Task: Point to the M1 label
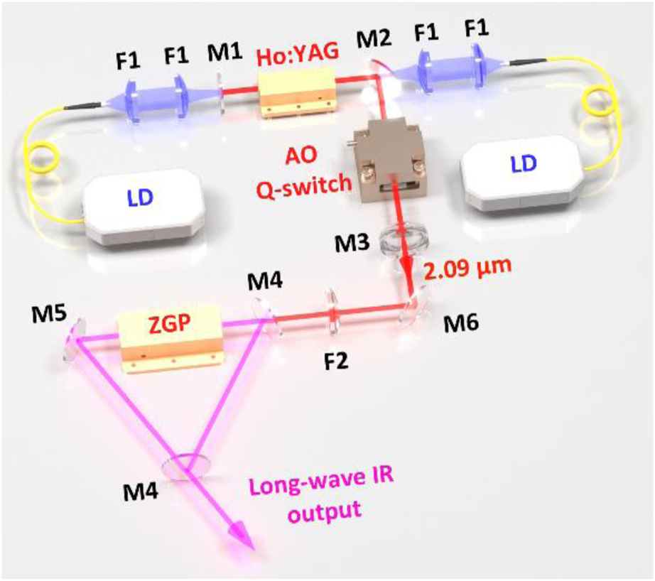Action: (x=224, y=52)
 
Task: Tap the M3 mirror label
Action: (x=354, y=244)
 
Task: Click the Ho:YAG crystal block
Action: (x=297, y=93)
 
